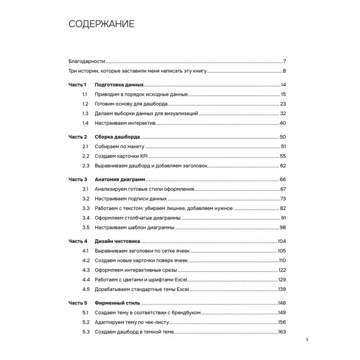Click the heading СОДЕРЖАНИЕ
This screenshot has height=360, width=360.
click(102, 24)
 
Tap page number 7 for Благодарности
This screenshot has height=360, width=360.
click(284, 61)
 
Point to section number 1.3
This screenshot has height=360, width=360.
click(85, 113)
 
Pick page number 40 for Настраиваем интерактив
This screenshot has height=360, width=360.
click(282, 123)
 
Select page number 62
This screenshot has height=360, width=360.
click(282, 166)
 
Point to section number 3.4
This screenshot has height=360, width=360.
click(85, 218)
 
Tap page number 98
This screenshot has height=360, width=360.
click(282, 227)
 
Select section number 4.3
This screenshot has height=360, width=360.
click(85, 269)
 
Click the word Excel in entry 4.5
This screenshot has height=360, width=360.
click(184, 289)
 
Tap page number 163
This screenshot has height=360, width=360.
click(281, 331)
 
